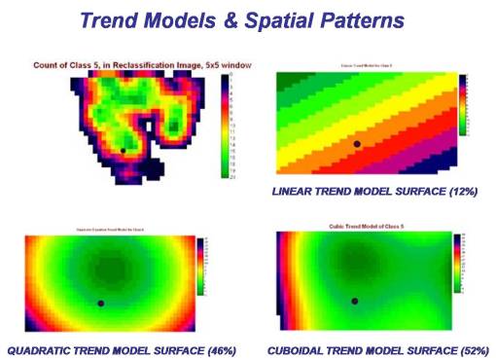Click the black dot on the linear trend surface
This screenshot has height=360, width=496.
(357, 143)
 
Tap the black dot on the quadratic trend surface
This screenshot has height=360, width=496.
(101, 303)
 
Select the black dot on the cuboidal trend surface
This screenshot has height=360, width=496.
(355, 301)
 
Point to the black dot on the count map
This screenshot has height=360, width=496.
(124, 150)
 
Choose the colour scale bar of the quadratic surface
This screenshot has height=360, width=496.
(201, 265)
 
